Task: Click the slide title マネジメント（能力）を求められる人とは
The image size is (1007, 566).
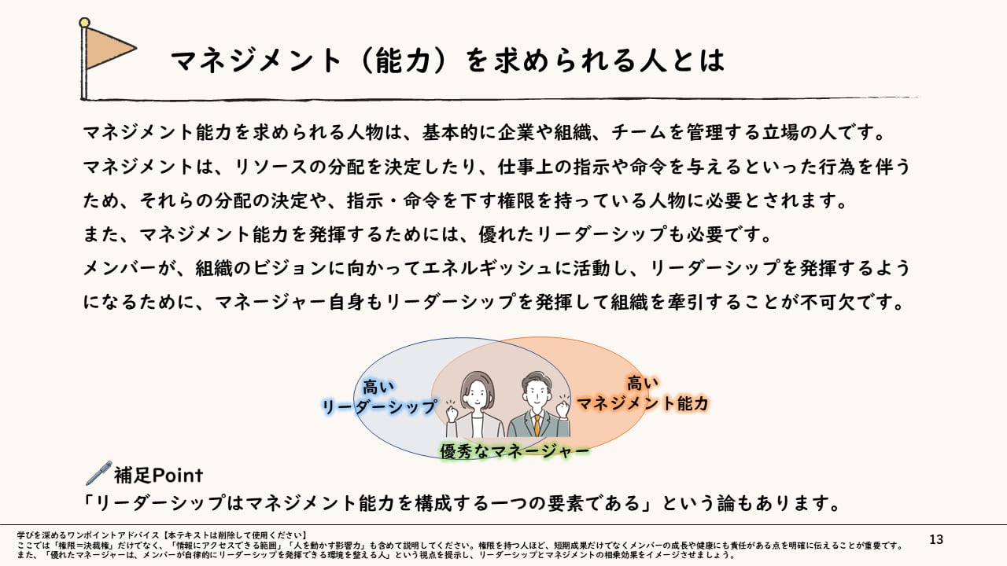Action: coord(446,61)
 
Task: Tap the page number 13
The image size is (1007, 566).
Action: coord(935,539)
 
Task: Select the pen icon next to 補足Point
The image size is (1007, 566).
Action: coord(98,473)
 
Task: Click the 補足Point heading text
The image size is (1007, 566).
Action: coord(158,475)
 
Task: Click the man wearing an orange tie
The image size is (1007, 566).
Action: coord(537,405)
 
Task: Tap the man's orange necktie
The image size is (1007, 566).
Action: coord(537,425)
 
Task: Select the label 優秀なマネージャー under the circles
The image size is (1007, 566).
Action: coord(515,450)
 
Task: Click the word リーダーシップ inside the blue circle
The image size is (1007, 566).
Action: coord(378,406)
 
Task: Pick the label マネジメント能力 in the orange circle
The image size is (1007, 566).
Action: coord(643,403)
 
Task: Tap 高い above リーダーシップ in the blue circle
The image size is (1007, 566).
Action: coord(378,387)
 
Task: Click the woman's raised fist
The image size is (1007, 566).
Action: coord(452,411)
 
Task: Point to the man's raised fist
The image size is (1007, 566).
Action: coord(563,408)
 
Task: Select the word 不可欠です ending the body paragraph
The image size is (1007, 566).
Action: coord(864,302)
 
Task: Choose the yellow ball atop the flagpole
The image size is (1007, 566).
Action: coord(85,24)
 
